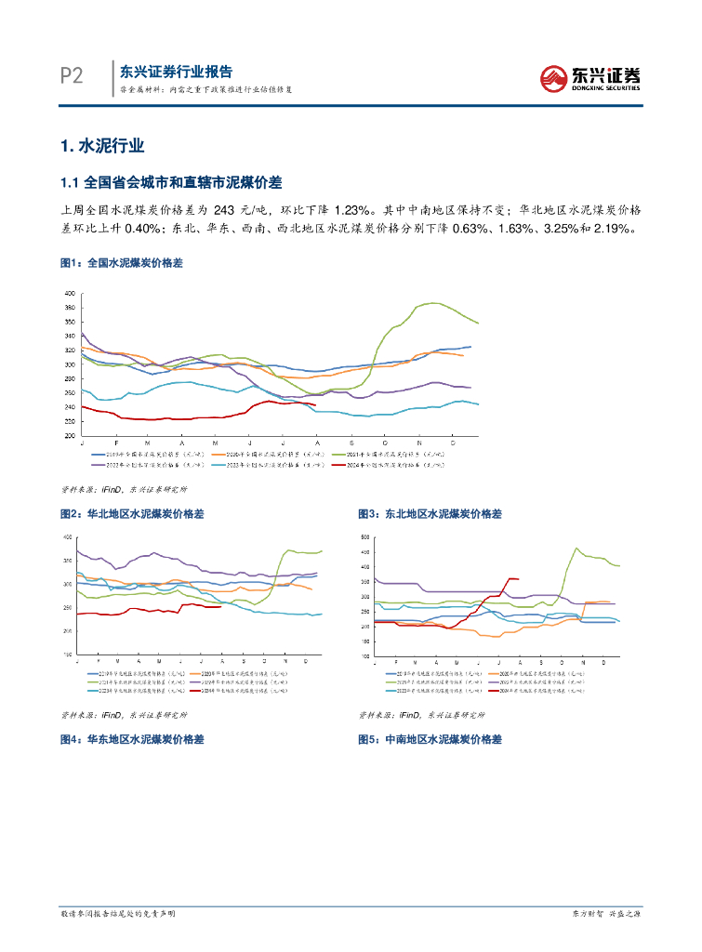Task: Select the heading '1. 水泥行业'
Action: [101, 146]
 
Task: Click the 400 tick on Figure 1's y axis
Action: [69, 294]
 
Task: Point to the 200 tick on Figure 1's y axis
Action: [69, 435]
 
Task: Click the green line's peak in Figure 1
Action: [430, 303]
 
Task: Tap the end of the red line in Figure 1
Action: [316, 405]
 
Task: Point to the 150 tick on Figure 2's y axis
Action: [66, 654]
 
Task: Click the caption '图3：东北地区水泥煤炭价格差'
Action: [430, 513]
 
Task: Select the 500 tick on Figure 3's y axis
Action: [364, 537]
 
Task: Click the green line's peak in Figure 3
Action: [576, 549]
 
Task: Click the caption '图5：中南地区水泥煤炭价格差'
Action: [430, 739]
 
